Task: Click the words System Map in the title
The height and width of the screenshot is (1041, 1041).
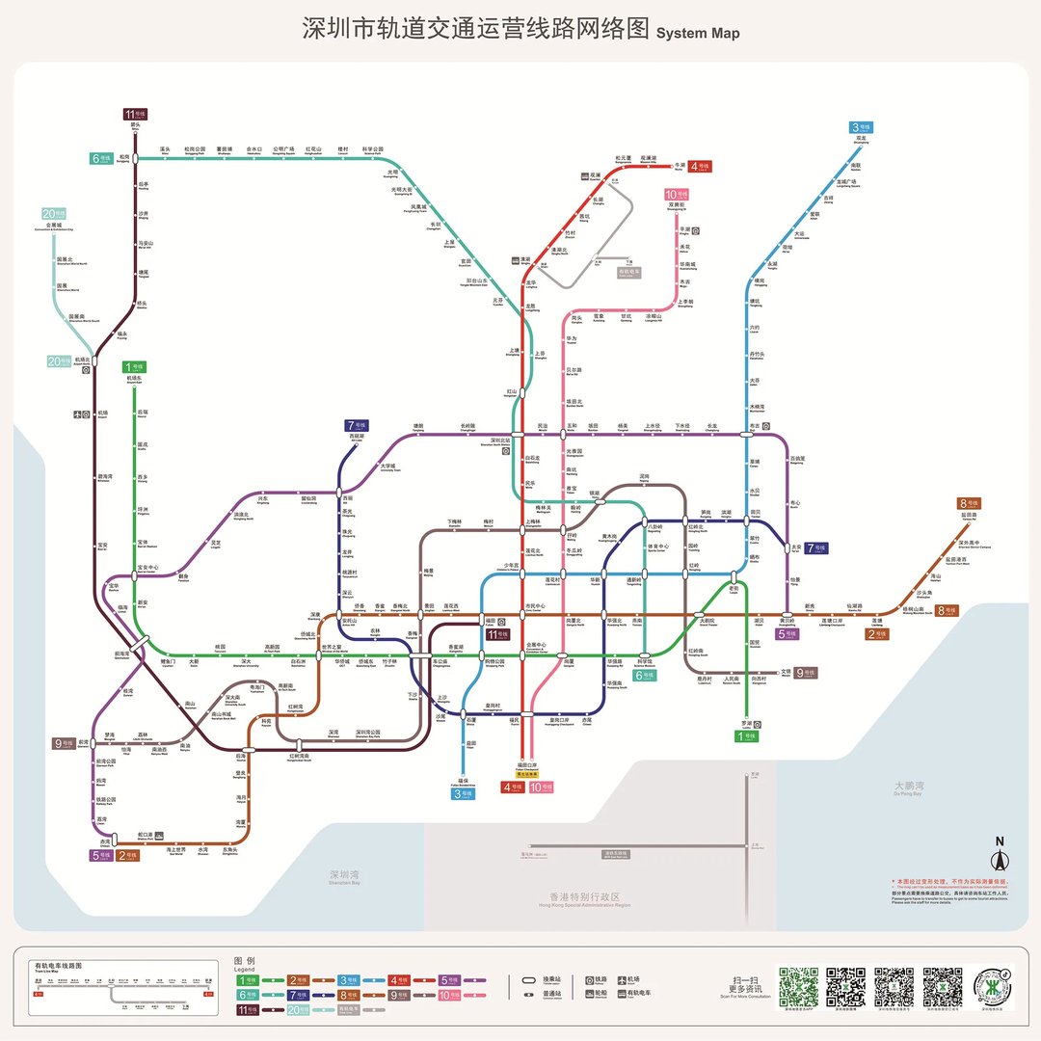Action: (x=698, y=33)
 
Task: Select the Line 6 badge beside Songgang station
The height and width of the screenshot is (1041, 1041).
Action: (x=103, y=158)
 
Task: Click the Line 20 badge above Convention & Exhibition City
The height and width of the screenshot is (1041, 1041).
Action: (x=54, y=214)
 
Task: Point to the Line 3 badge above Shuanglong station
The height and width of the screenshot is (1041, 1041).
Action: (x=861, y=127)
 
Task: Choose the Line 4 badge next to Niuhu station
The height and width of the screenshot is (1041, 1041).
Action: (x=700, y=166)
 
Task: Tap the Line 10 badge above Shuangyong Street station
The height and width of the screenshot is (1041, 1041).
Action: (x=677, y=195)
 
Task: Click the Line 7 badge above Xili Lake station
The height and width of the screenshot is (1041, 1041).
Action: (x=357, y=425)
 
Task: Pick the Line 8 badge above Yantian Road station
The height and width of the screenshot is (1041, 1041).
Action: (x=969, y=503)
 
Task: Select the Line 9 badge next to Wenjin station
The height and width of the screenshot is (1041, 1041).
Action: (x=806, y=672)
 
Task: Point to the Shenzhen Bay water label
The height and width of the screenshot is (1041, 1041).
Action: (x=344, y=877)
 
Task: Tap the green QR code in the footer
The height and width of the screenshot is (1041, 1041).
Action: (x=798, y=987)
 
